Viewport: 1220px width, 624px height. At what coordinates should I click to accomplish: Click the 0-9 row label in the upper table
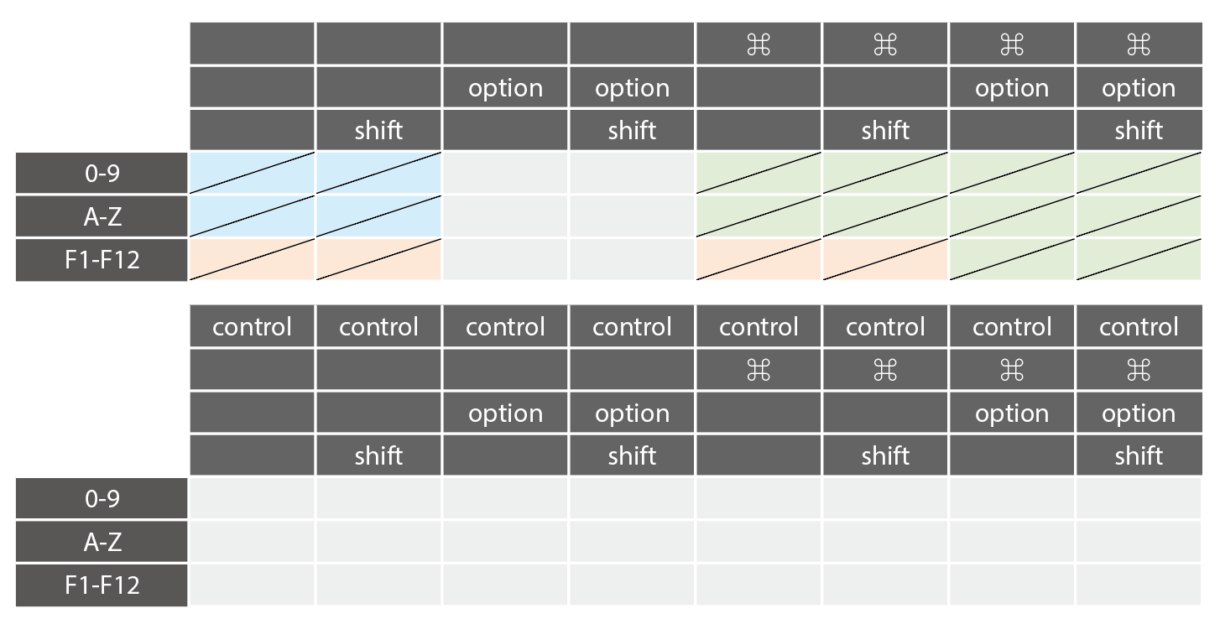[x=102, y=173]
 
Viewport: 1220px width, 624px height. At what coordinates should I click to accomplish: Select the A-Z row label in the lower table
[x=102, y=542]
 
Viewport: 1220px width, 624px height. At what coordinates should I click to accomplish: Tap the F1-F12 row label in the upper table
[x=102, y=260]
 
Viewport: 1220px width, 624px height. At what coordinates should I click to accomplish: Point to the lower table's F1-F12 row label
[x=102, y=585]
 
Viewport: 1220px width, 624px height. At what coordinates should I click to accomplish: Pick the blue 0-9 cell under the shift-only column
[x=378, y=173]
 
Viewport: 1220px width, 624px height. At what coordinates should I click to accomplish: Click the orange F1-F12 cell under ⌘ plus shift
[x=885, y=260]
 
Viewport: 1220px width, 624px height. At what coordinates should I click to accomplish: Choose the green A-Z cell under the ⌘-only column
[x=759, y=216]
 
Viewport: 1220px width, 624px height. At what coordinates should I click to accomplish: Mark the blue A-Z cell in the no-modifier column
[x=252, y=216]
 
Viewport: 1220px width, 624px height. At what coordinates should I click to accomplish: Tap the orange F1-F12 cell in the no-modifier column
[x=252, y=260]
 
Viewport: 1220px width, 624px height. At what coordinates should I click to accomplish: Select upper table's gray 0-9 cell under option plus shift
[x=632, y=173]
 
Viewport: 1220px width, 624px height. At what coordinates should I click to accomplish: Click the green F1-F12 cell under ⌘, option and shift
[x=1139, y=260]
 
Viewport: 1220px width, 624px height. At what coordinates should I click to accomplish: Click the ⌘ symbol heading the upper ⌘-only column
[x=759, y=44]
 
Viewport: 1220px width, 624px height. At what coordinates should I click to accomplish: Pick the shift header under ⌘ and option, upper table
[x=1139, y=130]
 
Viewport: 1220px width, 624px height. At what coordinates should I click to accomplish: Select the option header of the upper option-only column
[x=505, y=88]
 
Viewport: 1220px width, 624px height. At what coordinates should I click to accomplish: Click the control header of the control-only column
[x=252, y=327]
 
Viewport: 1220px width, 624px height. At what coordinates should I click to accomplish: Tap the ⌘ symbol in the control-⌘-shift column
[x=885, y=370]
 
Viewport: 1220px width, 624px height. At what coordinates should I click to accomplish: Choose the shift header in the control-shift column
[x=378, y=455]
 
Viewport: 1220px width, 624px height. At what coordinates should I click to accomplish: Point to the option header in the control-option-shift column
[x=632, y=413]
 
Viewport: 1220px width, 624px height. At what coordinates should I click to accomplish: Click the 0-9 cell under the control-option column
[x=505, y=498]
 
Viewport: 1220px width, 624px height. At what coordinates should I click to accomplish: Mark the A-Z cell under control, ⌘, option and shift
[x=1139, y=542]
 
